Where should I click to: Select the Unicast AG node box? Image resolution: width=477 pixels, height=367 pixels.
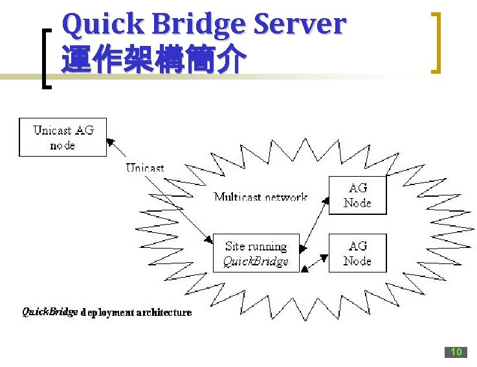[63, 137]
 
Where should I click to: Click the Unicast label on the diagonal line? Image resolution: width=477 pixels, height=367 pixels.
[145, 168]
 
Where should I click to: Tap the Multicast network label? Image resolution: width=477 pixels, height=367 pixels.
[260, 197]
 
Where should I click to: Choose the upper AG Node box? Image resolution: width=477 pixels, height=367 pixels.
[357, 195]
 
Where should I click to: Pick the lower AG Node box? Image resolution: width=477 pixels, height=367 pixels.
[357, 253]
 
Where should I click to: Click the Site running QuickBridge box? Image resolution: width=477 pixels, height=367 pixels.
[256, 253]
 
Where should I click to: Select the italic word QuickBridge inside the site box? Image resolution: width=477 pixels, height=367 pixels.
[256, 261]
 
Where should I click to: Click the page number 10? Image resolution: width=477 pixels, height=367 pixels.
[456, 352]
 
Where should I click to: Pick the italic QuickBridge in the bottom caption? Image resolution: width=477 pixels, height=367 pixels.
[50, 312]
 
